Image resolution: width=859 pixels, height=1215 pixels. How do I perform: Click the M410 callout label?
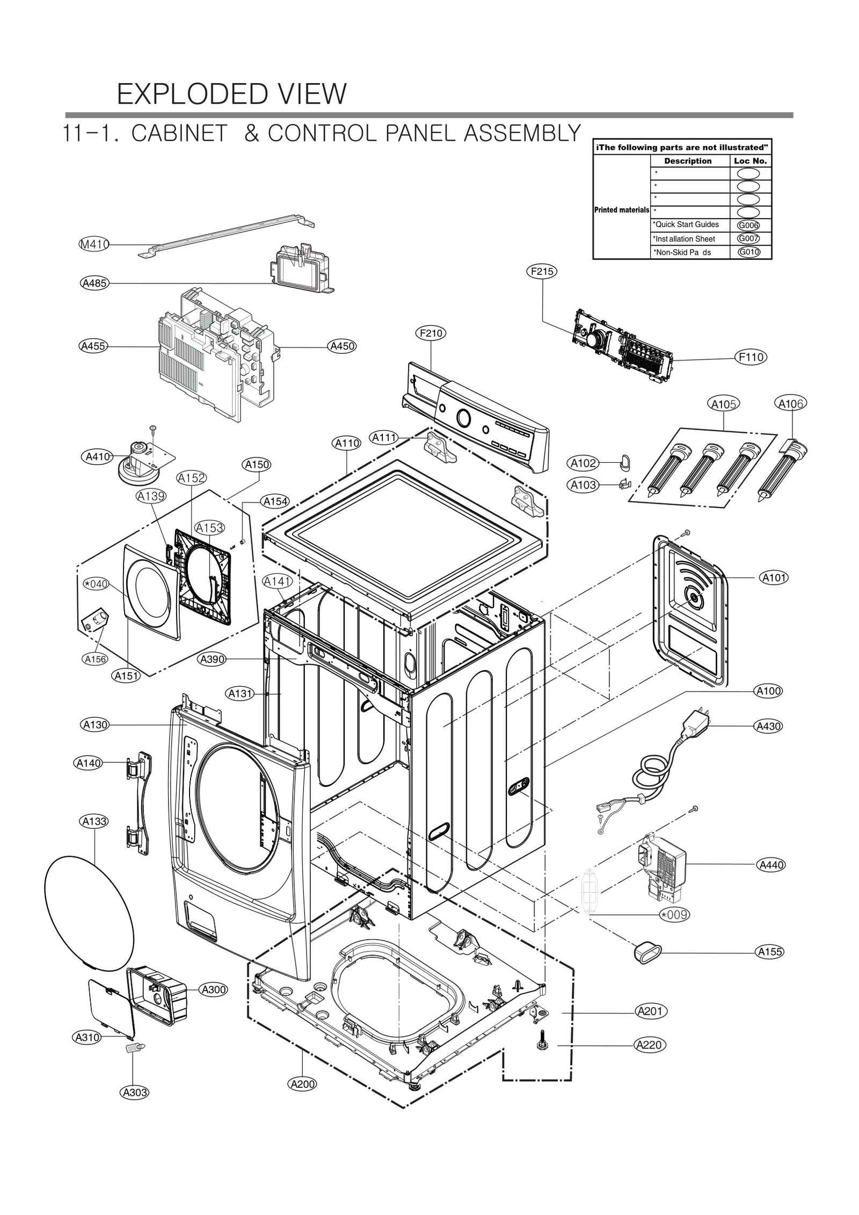point(94,245)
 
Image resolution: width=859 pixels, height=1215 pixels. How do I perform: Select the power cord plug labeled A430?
point(696,724)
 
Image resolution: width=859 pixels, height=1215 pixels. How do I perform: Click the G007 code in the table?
point(748,238)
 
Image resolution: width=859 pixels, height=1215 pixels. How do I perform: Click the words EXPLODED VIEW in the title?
point(231,94)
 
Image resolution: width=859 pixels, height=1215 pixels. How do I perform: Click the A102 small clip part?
point(624,460)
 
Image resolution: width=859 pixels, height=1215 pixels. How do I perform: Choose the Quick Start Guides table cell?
point(689,225)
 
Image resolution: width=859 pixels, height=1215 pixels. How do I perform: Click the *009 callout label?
point(674,914)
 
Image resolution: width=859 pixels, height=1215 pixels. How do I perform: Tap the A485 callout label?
point(95,283)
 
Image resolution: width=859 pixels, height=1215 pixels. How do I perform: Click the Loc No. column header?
point(750,161)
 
